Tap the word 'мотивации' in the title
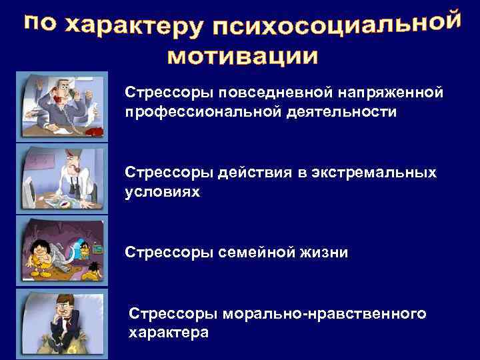tap(242, 56)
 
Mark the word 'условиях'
tap(162, 193)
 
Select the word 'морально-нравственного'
tap(326, 313)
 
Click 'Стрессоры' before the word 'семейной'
tap(167, 253)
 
